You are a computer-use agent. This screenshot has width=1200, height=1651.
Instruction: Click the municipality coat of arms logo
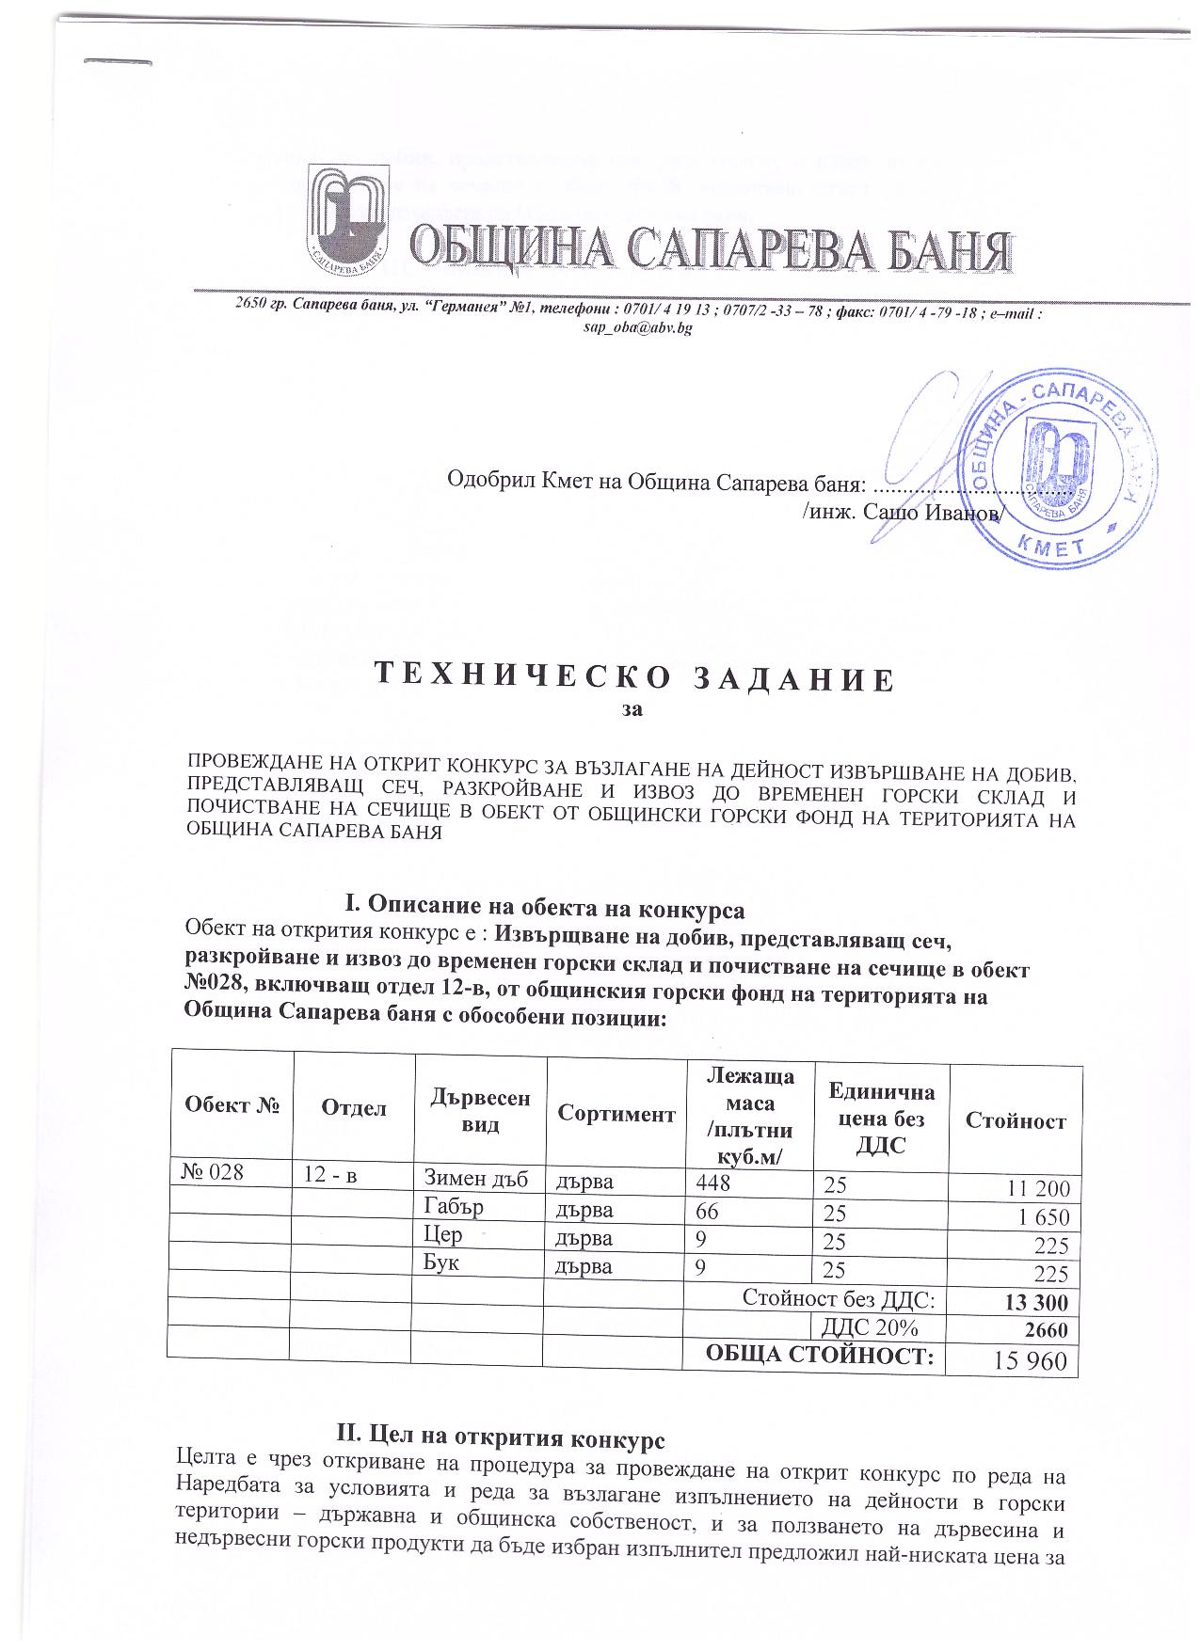coord(348,215)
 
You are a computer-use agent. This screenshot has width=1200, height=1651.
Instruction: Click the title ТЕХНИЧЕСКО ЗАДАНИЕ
coord(632,679)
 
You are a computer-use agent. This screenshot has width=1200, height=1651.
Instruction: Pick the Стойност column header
coord(1015,1120)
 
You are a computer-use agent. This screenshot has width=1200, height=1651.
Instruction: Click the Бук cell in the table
coord(441,1263)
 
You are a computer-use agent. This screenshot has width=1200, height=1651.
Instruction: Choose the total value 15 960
coord(1031,1361)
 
